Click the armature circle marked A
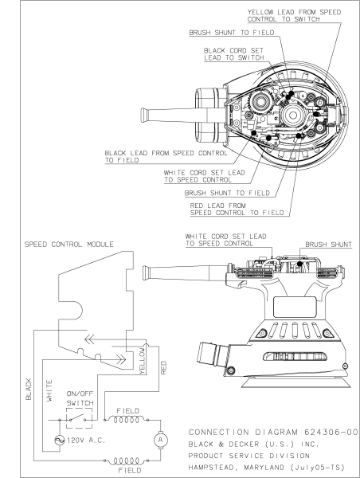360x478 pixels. [160, 438]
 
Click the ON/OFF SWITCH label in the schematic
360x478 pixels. [81, 398]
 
